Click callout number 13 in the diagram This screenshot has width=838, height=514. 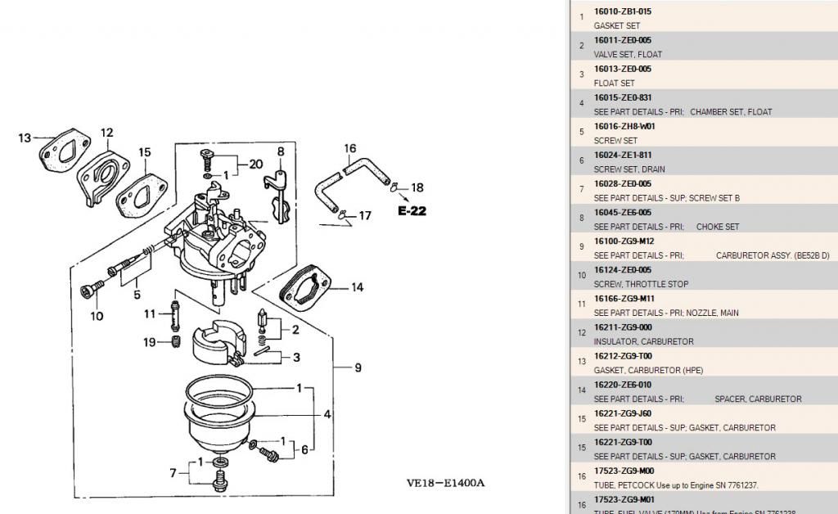point(25,138)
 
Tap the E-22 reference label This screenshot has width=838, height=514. point(412,210)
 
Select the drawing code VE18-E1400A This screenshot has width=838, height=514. point(445,483)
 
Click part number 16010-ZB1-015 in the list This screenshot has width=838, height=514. point(622,11)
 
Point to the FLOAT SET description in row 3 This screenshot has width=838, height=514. point(614,83)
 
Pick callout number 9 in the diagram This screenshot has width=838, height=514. point(358,368)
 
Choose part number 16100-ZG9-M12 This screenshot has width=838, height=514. point(624,241)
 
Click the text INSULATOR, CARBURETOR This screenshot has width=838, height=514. point(643,341)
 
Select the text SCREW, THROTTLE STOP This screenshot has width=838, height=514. point(641,284)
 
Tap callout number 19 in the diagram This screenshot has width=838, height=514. point(149,342)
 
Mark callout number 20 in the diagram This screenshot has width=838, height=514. point(255,164)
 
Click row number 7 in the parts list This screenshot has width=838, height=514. point(581,189)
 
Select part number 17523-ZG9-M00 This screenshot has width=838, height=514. point(624,471)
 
